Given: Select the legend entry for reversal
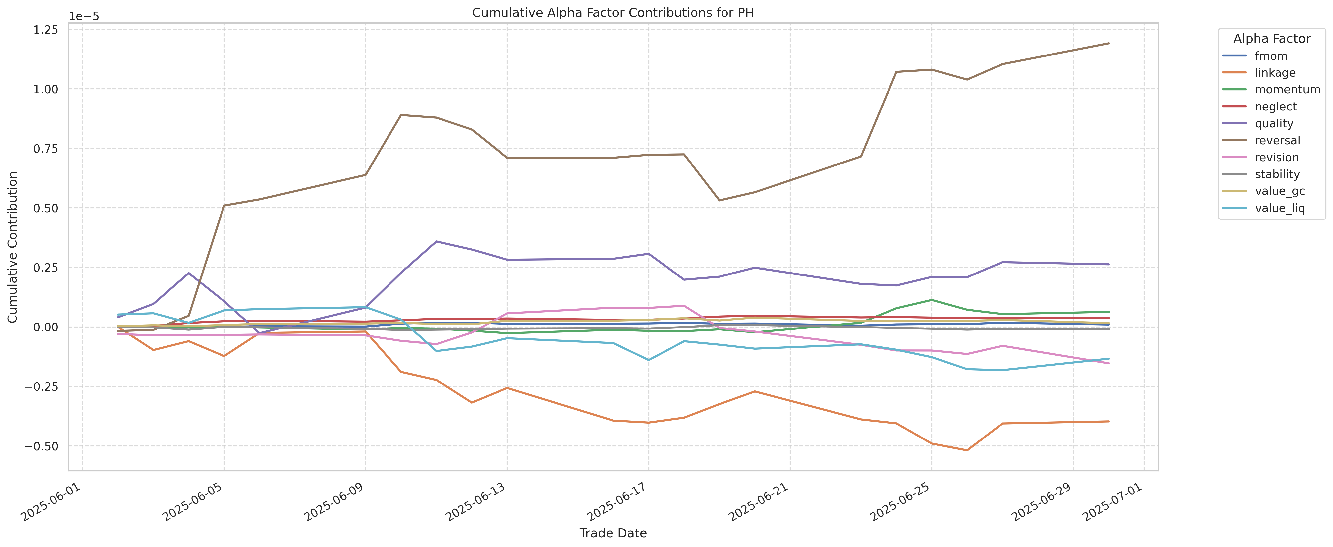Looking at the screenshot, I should coord(1277,140).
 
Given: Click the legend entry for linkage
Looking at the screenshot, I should coord(1275,73).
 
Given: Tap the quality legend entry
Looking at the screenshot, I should coord(1274,124).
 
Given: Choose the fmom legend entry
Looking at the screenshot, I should coord(1271,56).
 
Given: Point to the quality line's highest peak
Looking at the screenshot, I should coord(436,241).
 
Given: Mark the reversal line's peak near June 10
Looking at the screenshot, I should coord(401,115).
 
